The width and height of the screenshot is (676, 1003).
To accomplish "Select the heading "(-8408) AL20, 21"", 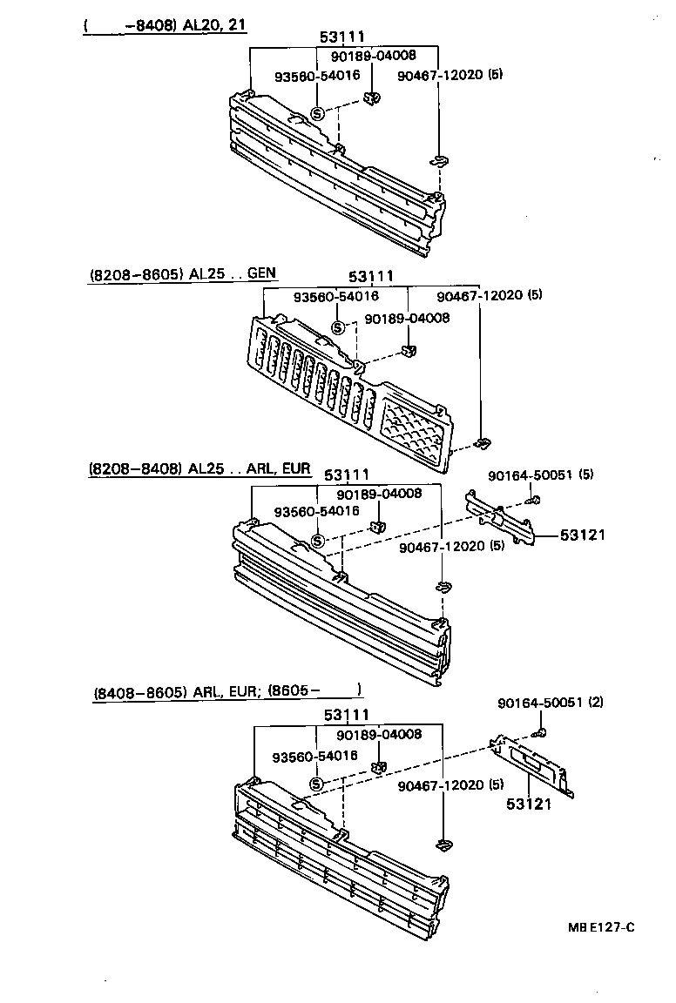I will click(x=165, y=25).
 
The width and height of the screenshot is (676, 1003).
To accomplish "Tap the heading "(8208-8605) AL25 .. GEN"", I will click(x=182, y=273).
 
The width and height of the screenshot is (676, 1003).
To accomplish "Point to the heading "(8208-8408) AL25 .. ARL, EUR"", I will click(x=199, y=468).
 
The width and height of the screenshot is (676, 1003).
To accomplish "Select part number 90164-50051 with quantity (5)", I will click(x=540, y=475).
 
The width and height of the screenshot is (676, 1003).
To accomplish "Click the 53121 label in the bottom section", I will click(x=529, y=804).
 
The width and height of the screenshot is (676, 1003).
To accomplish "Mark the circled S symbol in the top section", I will click(x=317, y=113).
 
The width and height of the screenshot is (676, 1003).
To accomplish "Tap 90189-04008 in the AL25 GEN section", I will click(x=407, y=318).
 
